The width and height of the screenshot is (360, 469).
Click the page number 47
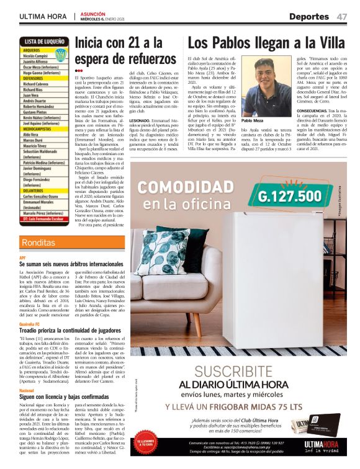[342, 16]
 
